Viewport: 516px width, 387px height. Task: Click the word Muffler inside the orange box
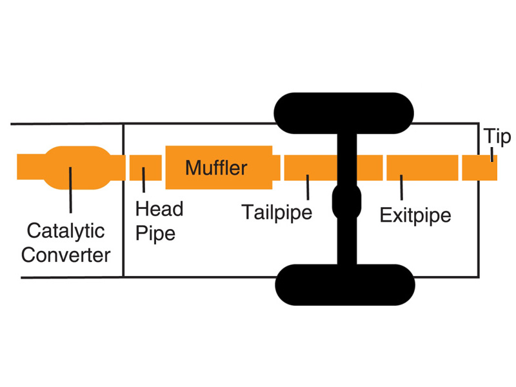pyautogui.click(x=216, y=168)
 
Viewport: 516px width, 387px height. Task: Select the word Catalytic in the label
pyautogui.click(x=65, y=230)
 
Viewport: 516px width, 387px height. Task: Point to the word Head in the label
pyautogui.click(x=159, y=209)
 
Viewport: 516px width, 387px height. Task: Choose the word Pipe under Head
pyautogui.click(x=155, y=232)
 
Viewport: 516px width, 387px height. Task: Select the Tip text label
pyautogui.click(x=497, y=137)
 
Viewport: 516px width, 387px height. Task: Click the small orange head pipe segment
pyautogui.click(x=145, y=168)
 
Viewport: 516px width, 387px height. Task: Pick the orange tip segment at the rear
pyautogui.click(x=479, y=168)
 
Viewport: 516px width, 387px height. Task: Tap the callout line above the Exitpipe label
pyautogui.click(x=401, y=187)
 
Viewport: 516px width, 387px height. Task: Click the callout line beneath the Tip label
pyautogui.click(x=492, y=155)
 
